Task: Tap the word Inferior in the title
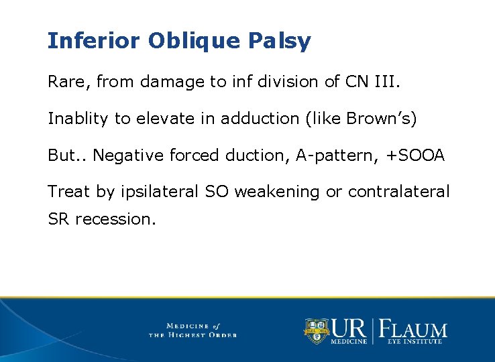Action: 94,41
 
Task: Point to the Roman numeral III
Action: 390,82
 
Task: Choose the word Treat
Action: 69,192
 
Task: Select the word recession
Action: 115,219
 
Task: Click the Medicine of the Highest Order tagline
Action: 192,330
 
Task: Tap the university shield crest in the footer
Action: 316,330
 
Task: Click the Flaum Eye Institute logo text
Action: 414,330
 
